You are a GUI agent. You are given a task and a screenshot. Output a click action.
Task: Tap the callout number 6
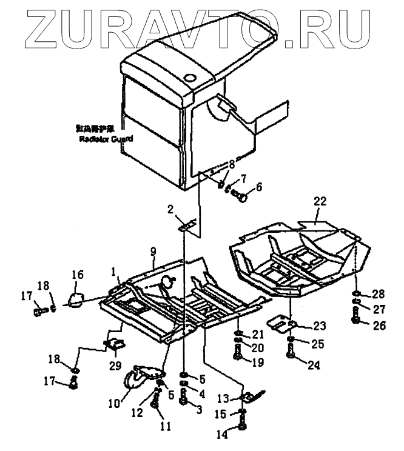(259, 188)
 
